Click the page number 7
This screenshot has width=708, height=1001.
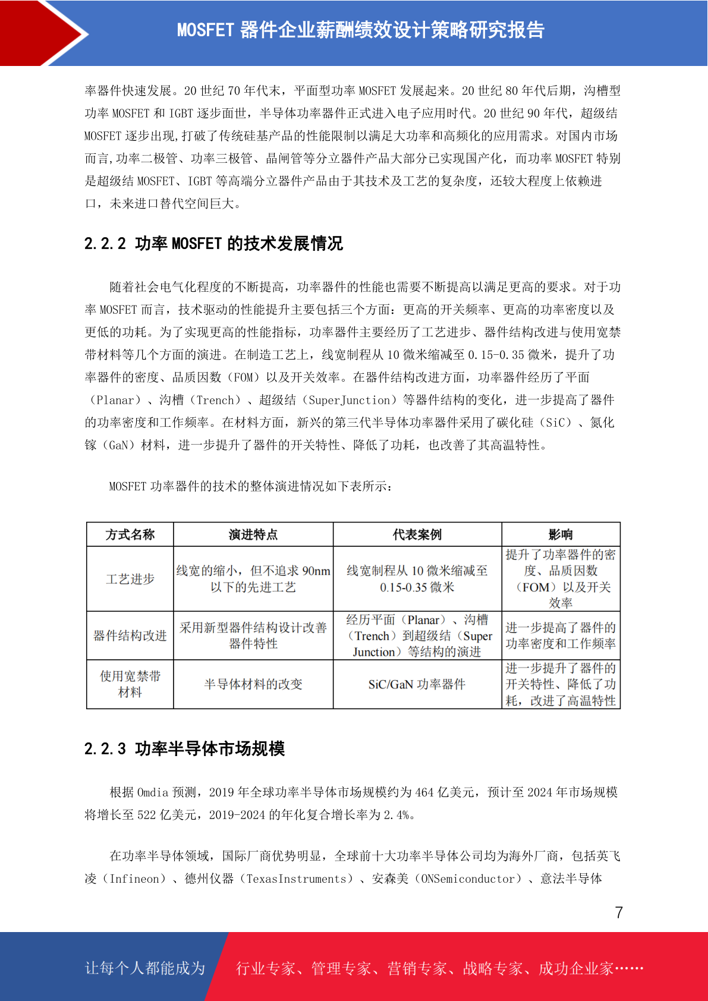coord(619,912)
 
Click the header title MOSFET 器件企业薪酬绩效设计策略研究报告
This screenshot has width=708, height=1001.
coord(361,30)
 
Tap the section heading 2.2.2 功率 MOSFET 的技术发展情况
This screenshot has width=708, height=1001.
coord(213,244)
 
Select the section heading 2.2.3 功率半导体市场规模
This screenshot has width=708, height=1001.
coord(184,748)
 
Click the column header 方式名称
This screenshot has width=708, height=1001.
coord(130,535)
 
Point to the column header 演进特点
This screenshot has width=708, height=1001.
coord(253,535)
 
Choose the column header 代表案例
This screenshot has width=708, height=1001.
coord(417,535)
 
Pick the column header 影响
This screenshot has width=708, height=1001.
coord(561,535)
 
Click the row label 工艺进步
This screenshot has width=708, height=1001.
coord(130,579)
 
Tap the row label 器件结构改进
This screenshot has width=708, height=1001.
coord(130,635)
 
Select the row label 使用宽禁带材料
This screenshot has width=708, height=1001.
coord(130,684)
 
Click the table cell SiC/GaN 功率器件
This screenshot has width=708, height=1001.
coord(417,685)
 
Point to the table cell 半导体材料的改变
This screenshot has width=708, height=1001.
coord(253,685)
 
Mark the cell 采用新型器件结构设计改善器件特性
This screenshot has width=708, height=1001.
coord(253,635)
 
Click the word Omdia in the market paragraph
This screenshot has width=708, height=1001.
coord(153,792)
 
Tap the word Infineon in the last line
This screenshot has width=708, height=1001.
coord(135,879)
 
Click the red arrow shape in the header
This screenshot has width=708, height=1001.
coord(42,33)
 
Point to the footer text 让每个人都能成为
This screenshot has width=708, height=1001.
coord(145,968)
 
